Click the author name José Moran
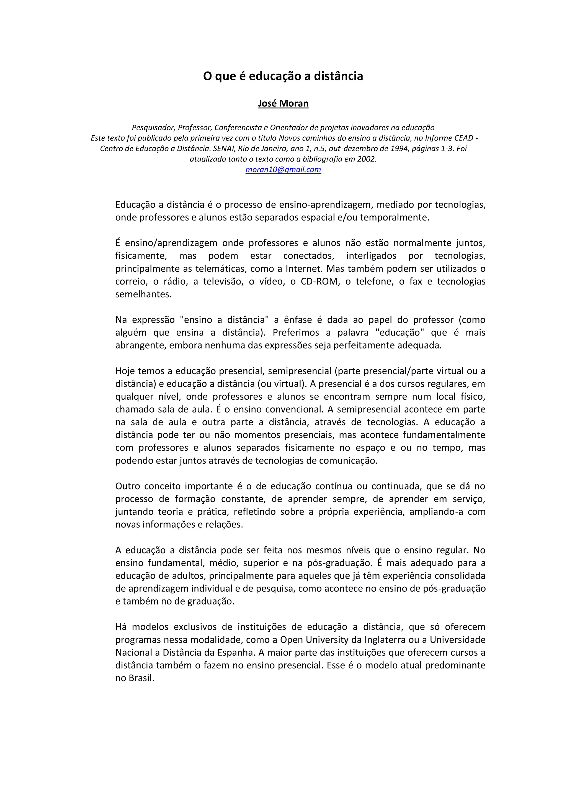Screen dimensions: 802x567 point(283,103)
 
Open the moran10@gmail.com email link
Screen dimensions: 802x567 point(283,170)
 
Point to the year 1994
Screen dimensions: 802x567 point(398,148)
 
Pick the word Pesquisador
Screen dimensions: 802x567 point(153,127)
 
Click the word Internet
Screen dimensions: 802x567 point(304,269)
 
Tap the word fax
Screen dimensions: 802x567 point(416,281)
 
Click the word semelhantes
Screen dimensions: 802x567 point(143,294)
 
